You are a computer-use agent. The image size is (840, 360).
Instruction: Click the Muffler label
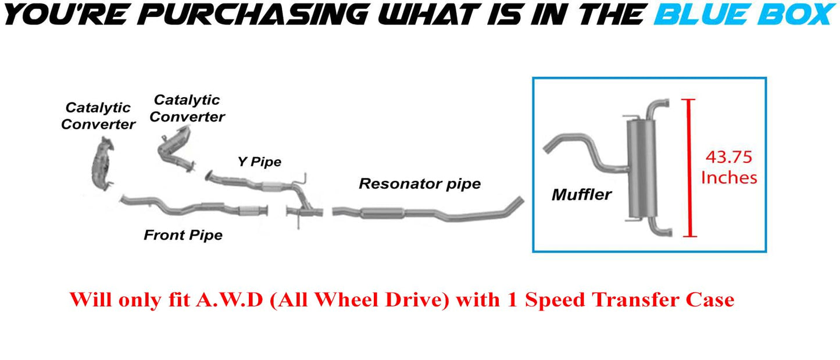point(581,194)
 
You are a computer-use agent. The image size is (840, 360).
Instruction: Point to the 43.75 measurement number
point(728,157)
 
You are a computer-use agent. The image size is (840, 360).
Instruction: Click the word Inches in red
point(729,177)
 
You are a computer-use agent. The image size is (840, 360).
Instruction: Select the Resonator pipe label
point(420,184)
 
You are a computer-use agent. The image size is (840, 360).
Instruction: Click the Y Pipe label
point(259,162)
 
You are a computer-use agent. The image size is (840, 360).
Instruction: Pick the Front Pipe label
point(183,235)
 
